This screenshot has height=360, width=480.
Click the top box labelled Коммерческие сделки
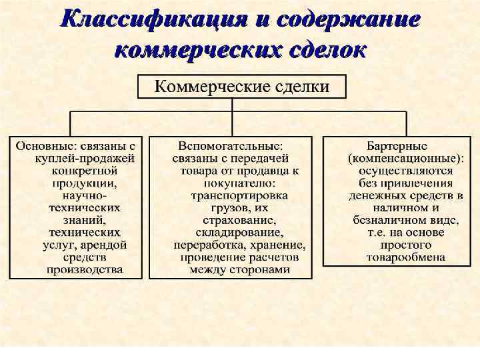242,87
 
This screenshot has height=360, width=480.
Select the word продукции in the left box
83,183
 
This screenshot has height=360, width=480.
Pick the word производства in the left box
84,270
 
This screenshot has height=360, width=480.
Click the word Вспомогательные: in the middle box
231,145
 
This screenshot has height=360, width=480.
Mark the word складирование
231,233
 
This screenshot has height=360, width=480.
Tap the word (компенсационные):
397,158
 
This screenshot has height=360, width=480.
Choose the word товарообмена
397,257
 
